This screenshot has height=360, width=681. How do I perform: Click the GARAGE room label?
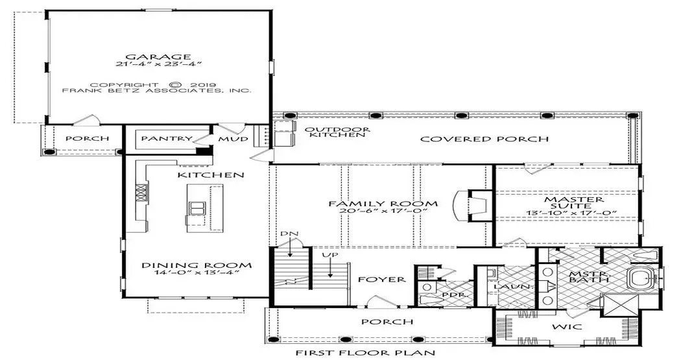tap(158, 57)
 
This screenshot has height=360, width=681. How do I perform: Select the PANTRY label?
tap(167, 139)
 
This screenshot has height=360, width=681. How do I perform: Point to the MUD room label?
tap(233, 139)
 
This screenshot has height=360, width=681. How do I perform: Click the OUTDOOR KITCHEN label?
tap(337, 132)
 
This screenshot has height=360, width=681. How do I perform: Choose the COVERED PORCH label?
tap(484, 139)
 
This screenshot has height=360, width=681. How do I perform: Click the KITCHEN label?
tap(211, 175)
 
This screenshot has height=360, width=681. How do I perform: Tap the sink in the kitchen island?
tap(197, 208)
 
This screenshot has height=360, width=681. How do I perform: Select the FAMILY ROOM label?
tap(383, 204)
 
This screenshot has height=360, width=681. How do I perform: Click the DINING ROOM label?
tap(197, 265)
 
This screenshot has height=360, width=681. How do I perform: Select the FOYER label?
tap(382, 280)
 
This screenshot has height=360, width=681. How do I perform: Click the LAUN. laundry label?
tap(513, 287)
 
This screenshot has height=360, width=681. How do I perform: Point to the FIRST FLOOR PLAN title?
tap(365, 353)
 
